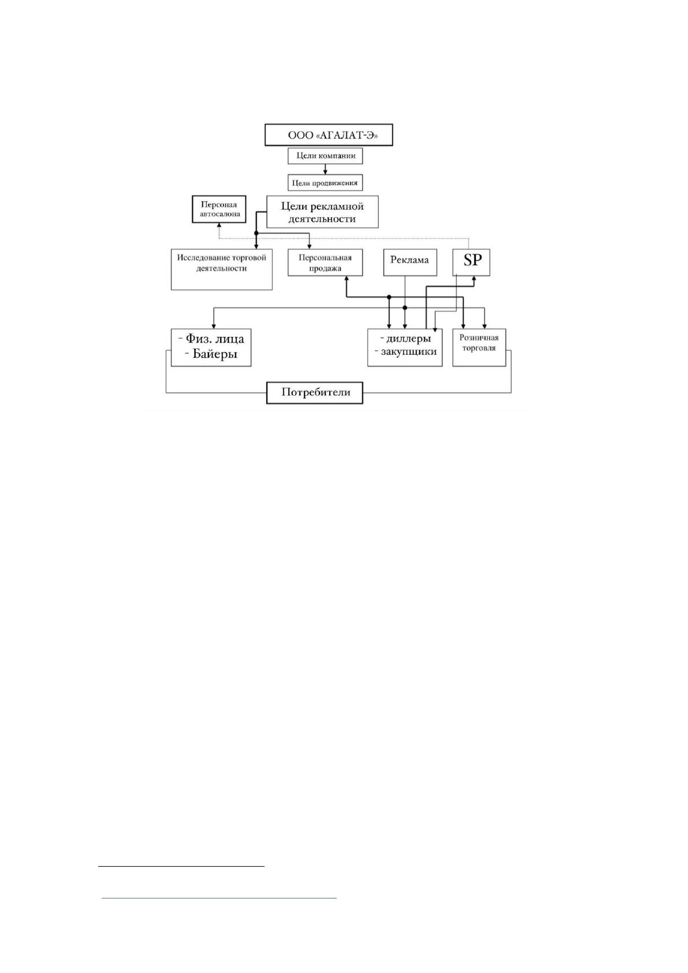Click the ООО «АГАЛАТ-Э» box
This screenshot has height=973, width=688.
tap(329, 135)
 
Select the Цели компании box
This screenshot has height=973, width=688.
tap(325, 155)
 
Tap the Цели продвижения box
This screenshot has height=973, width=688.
tap(325, 183)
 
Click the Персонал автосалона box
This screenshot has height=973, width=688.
tap(220, 209)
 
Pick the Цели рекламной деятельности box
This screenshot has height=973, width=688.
tap(322, 211)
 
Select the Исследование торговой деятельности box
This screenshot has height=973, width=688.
tap(221, 269)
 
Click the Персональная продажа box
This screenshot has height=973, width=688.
tap(325, 262)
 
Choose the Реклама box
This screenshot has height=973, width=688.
tap(410, 262)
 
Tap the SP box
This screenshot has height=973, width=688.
tap(471, 262)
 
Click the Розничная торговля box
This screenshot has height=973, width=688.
tap(479, 347)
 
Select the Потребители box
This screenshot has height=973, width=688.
tap(314, 393)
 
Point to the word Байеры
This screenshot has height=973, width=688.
tap(215, 354)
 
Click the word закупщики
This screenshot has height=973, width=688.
tap(409, 351)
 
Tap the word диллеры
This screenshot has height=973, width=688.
tap(409, 339)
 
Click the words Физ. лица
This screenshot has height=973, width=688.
tap(215, 339)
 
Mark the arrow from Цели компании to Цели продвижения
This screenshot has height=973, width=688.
tap(325, 169)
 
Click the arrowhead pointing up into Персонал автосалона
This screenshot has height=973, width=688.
tap(219, 225)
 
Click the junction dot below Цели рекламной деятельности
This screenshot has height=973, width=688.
tap(256, 233)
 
